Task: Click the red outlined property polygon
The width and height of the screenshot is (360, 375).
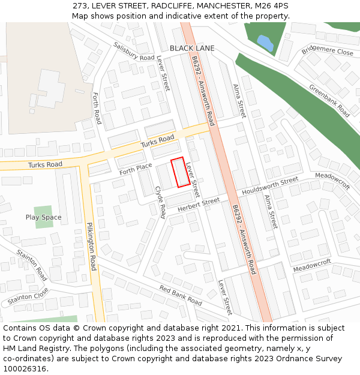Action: pos(181,173)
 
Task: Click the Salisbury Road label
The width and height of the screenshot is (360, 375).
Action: pos(134,51)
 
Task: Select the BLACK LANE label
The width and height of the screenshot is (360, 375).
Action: pos(192,48)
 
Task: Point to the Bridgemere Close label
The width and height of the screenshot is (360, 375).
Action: pos(328,51)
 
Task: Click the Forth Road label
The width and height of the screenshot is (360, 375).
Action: pos(97,108)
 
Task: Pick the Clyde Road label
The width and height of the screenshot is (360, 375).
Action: pos(161,202)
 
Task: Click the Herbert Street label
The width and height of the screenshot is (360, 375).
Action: pos(199,205)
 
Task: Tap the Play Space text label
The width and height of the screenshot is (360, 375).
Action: pos(43,217)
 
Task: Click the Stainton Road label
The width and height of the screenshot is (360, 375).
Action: pos(32,265)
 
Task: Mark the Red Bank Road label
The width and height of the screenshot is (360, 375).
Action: pos(181,295)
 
